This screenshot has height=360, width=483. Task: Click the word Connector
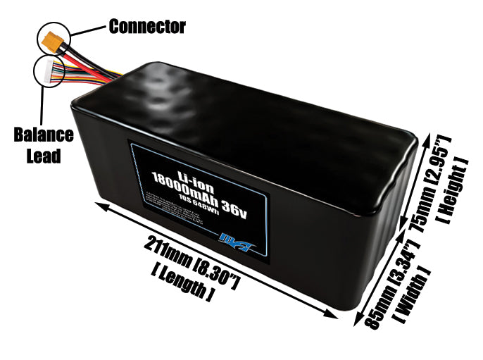point(147,27)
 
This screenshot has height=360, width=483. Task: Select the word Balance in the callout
point(44,135)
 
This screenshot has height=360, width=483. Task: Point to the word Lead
point(44,155)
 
